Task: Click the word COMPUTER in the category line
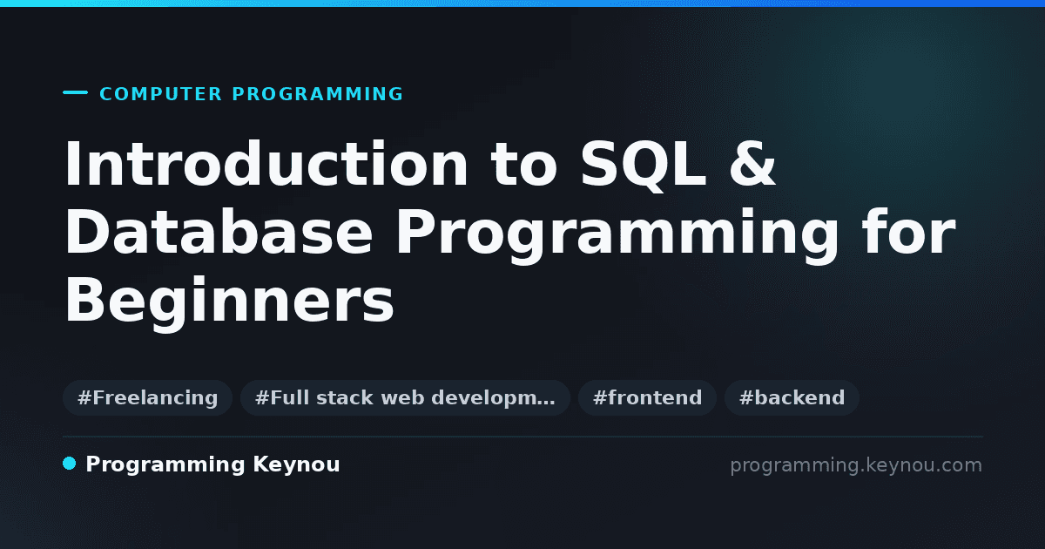160,94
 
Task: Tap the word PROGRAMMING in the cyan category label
317,94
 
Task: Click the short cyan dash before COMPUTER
75,92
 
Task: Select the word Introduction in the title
266,164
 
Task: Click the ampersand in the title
752,164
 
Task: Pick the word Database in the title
219,232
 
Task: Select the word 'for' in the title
909,231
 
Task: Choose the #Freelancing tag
147,397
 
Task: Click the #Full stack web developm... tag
405,397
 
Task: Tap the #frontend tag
647,397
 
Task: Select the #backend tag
792,397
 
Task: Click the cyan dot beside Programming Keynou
69,464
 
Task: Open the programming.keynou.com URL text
856,465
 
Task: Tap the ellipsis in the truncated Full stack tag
545,403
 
